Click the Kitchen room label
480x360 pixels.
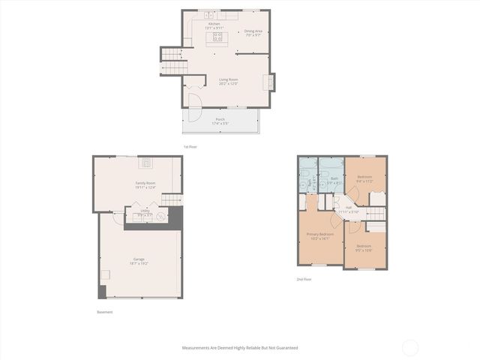pos(215,25)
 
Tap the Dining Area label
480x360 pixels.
pos(253,33)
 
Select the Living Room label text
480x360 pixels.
pos(228,81)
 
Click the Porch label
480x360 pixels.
pos(220,121)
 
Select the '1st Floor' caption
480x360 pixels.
pos(190,147)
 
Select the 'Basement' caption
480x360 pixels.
pos(105,312)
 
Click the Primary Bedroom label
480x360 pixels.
pos(320,236)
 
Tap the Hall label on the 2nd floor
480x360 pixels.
pos(348,209)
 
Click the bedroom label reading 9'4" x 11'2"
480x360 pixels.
pos(364,178)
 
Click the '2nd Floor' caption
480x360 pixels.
pos(304,279)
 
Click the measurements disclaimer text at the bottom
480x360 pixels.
pos(240,348)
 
